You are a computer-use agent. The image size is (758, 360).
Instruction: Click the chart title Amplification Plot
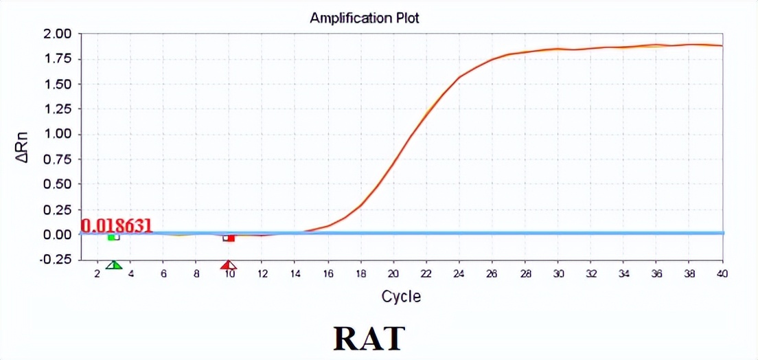tap(364, 19)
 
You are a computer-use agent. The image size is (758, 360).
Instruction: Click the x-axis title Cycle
tap(401, 297)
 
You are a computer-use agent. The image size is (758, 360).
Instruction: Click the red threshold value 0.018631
tap(117, 225)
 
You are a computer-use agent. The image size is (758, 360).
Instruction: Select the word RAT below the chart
tap(369, 338)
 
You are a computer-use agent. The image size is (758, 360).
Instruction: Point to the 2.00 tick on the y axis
tap(58, 34)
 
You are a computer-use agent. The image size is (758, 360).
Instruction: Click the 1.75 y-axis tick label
tap(58, 59)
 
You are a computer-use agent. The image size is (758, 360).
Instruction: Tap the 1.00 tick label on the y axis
tap(58, 134)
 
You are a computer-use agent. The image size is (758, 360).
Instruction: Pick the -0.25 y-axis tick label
tap(56, 259)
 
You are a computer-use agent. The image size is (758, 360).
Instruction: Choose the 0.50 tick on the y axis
tap(58, 184)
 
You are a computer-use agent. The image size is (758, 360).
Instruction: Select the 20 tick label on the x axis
tap(393, 273)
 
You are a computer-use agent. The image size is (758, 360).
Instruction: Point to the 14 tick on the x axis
tap(295, 273)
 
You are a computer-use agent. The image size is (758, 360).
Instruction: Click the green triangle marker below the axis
tap(115, 265)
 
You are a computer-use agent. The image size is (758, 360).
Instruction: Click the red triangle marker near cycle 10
tap(229, 265)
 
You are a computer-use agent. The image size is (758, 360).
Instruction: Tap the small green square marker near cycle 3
tap(112, 237)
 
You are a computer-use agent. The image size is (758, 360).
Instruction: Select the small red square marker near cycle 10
tap(231, 238)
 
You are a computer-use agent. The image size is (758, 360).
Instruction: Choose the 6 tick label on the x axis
tap(163, 273)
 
